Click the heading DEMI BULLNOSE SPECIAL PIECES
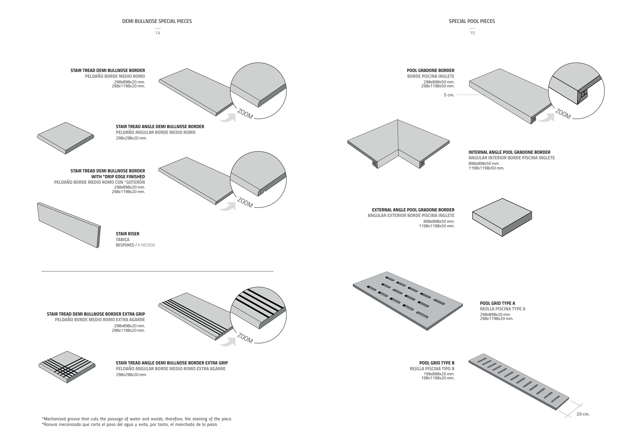(157, 21)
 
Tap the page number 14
(158, 33)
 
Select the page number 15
(472, 33)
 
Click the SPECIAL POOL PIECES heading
(472, 21)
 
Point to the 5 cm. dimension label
(449, 95)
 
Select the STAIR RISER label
(128, 234)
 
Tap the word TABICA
(123, 239)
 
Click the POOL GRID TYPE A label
(497, 303)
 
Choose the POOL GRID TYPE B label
(436, 363)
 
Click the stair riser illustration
(69, 225)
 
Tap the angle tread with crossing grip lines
(67, 367)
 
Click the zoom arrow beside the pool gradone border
(546, 118)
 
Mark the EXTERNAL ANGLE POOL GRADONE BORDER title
(413, 210)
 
